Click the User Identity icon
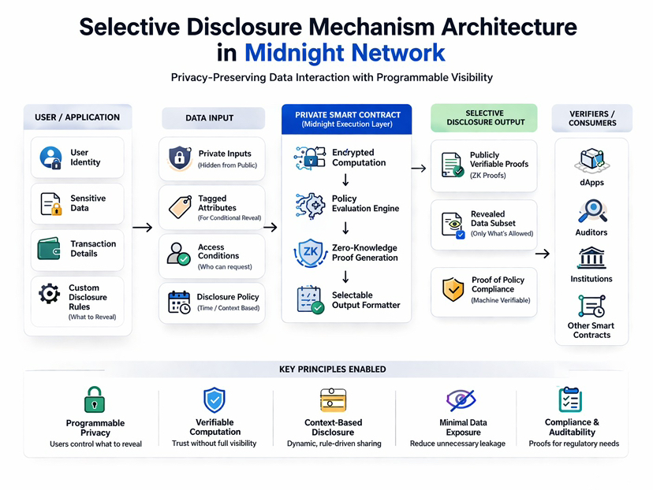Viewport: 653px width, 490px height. (x=50, y=158)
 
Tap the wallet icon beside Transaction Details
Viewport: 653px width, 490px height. (x=50, y=249)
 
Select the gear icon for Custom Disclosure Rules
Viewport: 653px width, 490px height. (x=50, y=295)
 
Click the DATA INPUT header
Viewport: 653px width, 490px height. (x=209, y=118)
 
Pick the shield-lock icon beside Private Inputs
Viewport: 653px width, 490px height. (x=180, y=158)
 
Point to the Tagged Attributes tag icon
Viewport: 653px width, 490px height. (x=180, y=207)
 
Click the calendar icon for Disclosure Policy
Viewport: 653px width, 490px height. (x=180, y=302)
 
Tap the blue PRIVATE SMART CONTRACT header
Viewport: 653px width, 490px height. (x=347, y=119)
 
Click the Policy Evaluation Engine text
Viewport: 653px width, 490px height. (x=365, y=203)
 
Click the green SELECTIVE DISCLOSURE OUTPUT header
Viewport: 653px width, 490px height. (x=484, y=117)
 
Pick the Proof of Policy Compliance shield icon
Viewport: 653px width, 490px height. (x=453, y=289)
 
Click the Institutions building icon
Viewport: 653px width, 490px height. (x=591, y=258)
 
